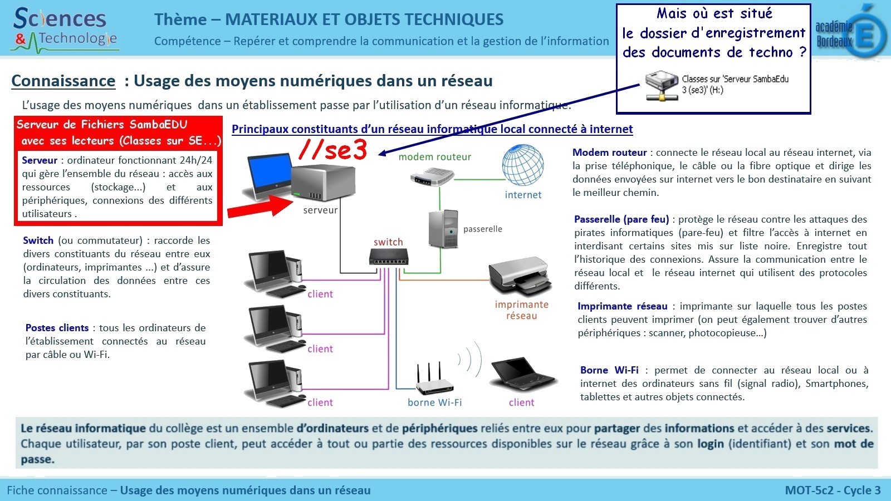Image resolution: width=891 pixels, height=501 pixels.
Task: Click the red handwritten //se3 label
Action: [333, 149]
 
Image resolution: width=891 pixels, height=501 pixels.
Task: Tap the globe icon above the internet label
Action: [523, 165]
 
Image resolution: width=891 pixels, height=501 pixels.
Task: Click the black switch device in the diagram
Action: [389, 257]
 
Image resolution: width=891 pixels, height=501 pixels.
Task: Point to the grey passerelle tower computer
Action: [444, 228]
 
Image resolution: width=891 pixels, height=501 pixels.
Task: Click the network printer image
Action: [520, 276]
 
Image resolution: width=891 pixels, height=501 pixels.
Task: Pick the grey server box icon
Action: [322, 182]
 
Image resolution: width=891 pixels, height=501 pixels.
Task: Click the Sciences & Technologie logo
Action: [65, 28]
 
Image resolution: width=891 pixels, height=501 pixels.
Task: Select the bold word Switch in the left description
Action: [38, 240]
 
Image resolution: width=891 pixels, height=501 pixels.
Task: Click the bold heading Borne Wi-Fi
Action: [609, 370]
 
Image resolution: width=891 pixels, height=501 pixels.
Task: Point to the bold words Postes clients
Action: [57, 328]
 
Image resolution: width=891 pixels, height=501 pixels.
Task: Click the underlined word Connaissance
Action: [63, 81]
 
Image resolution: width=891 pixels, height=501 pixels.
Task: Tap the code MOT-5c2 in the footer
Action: [809, 490]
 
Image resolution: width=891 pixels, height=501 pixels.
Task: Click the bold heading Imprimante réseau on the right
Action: [622, 306]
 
